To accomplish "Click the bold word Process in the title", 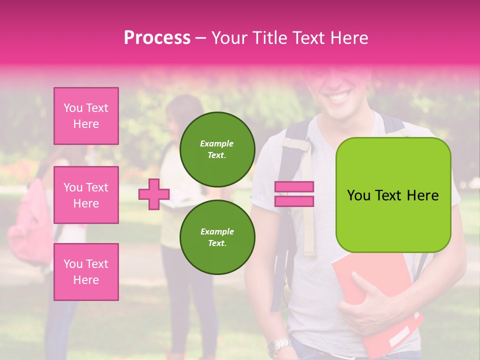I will coord(157,37).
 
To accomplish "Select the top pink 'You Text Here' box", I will coord(86,116).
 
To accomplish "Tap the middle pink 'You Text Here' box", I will coord(86,195).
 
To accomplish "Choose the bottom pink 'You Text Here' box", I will coord(86,271).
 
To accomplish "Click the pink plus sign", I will coord(154,194).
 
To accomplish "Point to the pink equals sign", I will coord(294,194).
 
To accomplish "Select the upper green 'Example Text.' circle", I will coord(217,149).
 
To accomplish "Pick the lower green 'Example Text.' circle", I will coord(217,237).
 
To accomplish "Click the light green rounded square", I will coord(393,195).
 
